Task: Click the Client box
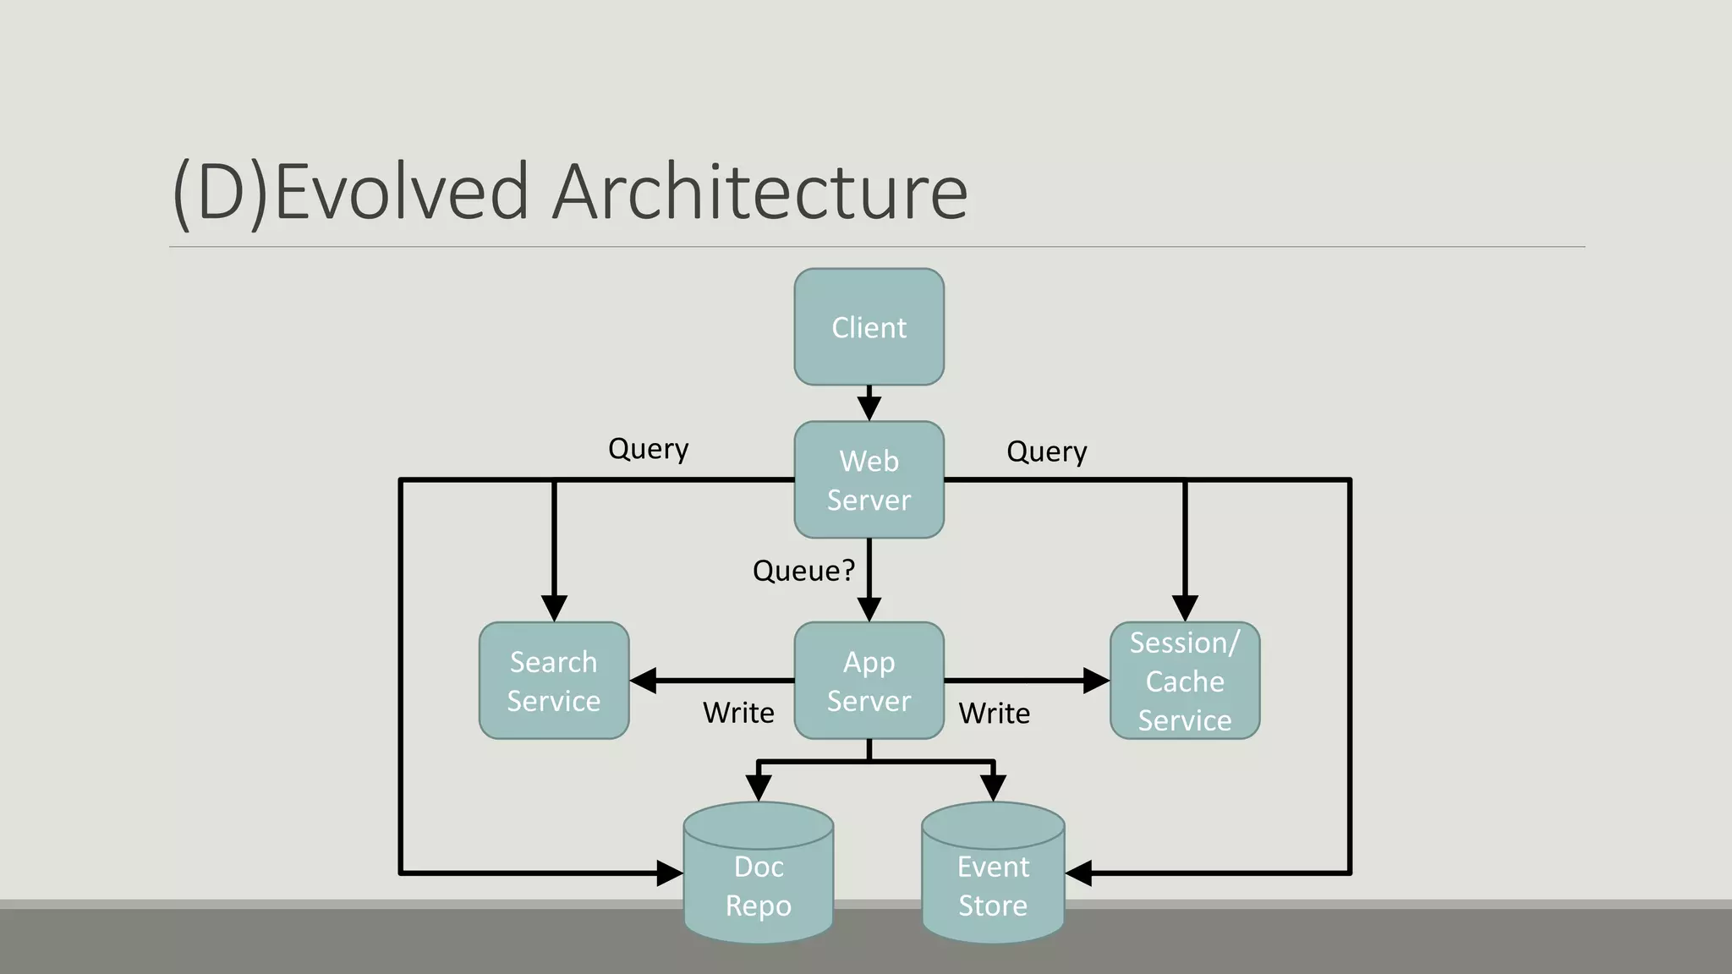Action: pyautogui.click(x=869, y=327)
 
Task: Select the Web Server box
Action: pyautogui.click(x=869, y=479)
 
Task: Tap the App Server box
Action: pyautogui.click(x=869, y=681)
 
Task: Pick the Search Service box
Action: pyautogui.click(x=554, y=681)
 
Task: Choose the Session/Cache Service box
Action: pyautogui.click(x=1184, y=681)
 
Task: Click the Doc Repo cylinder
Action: pyautogui.click(x=759, y=879)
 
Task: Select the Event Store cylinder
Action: pyautogui.click(x=993, y=879)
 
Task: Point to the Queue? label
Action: pyautogui.click(x=803, y=571)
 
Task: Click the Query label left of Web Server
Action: pyautogui.click(x=648, y=449)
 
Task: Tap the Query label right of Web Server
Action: pyautogui.click(x=1046, y=452)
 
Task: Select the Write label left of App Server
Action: pyautogui.click(x=738, y=713)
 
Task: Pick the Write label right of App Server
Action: pyautogui.click(x=995, y=714)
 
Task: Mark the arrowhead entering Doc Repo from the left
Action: pyautogui.click(x=670, y=873)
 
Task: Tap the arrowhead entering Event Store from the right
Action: pyautogui.click(x=1078, y=873)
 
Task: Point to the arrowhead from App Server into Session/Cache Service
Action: pyautogui.click(x=1096, y=681)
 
